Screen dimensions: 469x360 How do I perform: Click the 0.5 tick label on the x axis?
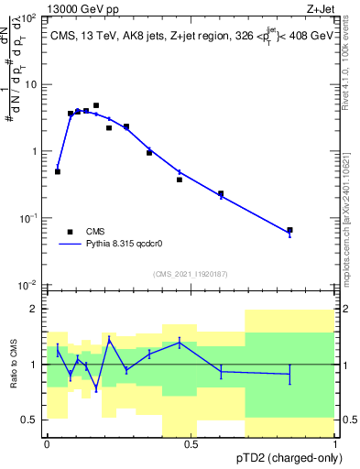(191, 443)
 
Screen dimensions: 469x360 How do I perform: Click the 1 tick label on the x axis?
(336, 443)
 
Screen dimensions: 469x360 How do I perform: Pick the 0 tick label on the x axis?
(47, 443)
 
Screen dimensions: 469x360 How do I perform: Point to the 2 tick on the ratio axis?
(36, 309)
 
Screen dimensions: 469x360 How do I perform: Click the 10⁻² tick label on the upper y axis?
(28, 285)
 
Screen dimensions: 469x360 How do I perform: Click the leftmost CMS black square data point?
(58, 171)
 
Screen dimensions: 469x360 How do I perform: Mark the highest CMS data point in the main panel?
(96, 105)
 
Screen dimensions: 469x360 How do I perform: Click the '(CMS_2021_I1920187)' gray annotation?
(190, 274)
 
